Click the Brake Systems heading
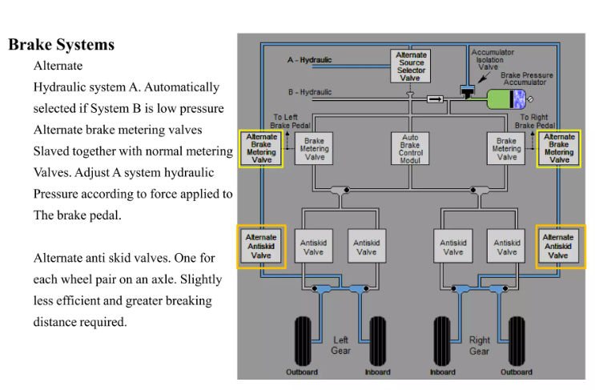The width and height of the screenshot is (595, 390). pos(62,45)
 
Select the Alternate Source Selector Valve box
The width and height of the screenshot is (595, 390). pos(412,66)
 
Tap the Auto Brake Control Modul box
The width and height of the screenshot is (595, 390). pos(410,149)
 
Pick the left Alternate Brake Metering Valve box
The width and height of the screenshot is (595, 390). pos(261,149)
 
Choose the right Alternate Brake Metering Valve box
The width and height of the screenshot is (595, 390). pos(559,149)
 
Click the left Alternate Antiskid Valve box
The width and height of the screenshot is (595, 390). pos(261,247)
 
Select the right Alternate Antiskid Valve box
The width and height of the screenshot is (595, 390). pos(558,247)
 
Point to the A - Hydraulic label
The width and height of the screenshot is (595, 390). pos(310,60)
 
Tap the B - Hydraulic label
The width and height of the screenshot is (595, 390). pos(310,92)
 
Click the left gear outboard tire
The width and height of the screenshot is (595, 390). pos(303,340)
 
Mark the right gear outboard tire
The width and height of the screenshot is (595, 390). pos(517,340)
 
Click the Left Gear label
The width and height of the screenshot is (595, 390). pos(341,346)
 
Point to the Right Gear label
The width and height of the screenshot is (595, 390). pos(480,346)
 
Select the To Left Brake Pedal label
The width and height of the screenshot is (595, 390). pos(291,122)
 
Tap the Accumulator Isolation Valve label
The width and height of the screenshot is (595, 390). pos(492,59)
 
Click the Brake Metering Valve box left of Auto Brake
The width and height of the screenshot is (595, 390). pos(315,149)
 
